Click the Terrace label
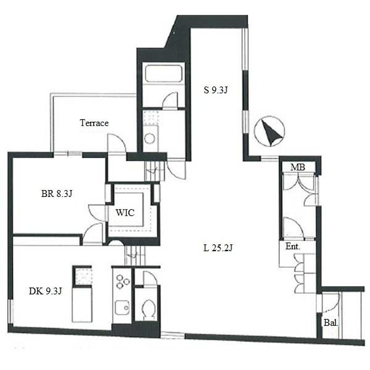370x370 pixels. click(94, 123)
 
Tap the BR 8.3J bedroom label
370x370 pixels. click(57, 194)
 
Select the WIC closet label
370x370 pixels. click(125, 212)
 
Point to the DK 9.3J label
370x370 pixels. click(45, 291)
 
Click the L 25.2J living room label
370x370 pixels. click(218, 248)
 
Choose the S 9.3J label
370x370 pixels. click(215, 90)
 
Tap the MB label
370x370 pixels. click(298, 167)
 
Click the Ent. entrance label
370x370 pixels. click(293, 246)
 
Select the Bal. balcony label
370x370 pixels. click(331, 323)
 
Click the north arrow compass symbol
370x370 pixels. click(269, 131)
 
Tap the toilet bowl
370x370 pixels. click(148, 309)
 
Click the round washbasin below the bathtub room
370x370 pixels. click(150, 138)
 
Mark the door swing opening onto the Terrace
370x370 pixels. click(116, 143)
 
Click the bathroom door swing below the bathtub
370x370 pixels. click(170, 100)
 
